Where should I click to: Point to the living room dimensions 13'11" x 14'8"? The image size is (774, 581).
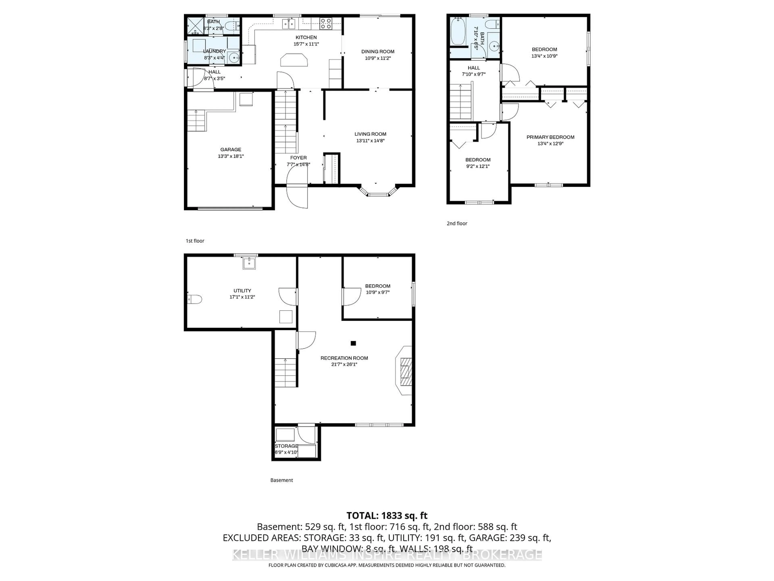(370, 141)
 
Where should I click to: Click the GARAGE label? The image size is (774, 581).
(231, 149)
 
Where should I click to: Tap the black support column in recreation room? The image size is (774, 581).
(353, 343)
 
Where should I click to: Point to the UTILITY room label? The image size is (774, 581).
(242, 291)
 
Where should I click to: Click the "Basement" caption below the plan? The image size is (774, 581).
(281, 480)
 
